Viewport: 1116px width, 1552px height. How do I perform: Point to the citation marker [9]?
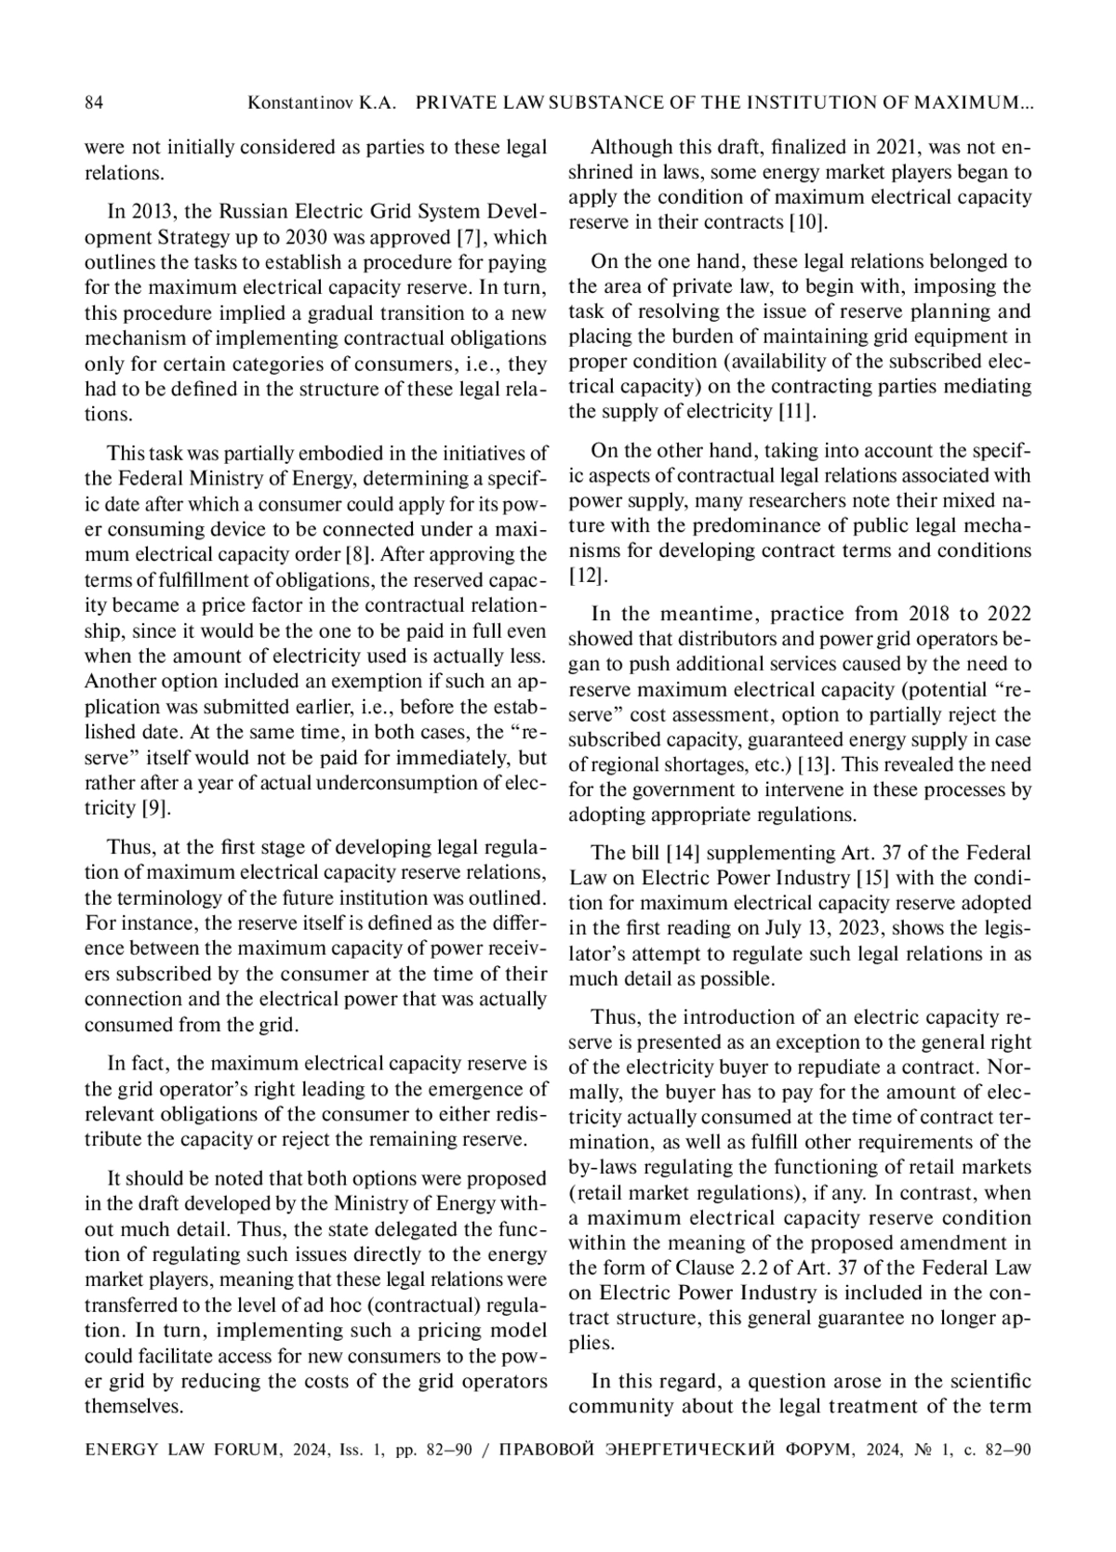point(154,807)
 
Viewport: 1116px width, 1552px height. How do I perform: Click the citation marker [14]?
point(683,853)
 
